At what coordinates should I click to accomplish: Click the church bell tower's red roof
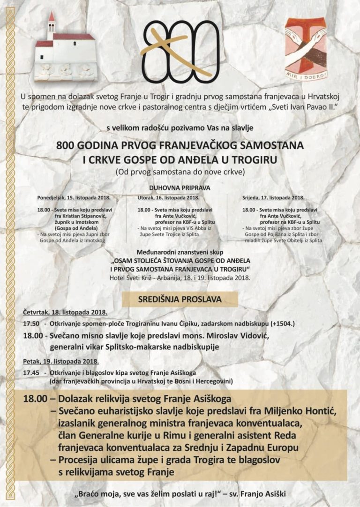51,17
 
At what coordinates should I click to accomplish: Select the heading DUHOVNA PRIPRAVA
180,188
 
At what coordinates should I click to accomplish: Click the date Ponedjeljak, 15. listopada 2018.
74,197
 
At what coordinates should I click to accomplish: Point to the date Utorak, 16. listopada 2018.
169,197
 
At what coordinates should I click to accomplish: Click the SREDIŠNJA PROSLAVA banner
180,299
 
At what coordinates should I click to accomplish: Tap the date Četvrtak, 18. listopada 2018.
65,312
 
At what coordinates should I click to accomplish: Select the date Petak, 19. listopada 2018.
60,362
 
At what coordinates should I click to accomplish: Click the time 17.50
31,324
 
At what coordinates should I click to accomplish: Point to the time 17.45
31,372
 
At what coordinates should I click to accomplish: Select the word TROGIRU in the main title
255,159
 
